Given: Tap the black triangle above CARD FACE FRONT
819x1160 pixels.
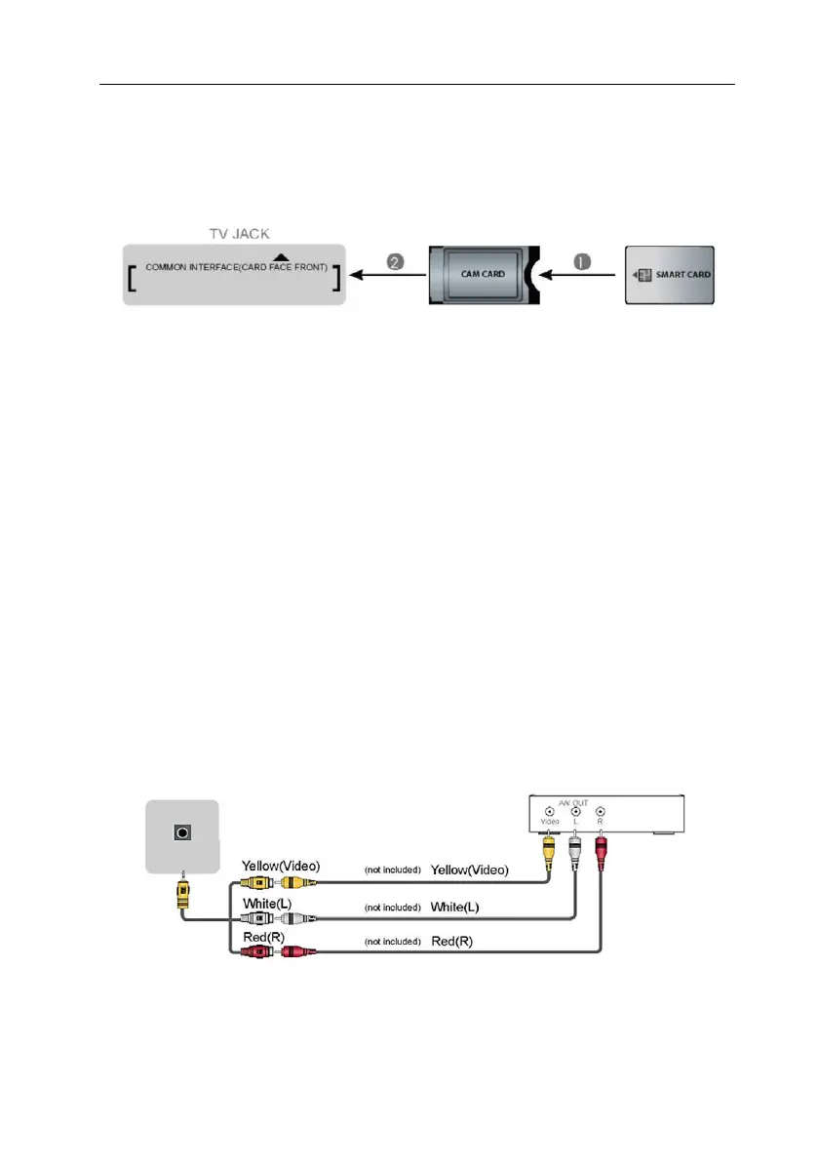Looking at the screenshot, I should click(x=279, y=256).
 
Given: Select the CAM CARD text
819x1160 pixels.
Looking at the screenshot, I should click(x=481, y=274).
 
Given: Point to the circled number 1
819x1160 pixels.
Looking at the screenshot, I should click(x=581, y=261).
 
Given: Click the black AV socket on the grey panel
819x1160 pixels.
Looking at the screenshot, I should click(x=181, y=834).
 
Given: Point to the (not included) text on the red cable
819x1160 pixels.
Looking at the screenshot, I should click(x=394, y=944).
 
